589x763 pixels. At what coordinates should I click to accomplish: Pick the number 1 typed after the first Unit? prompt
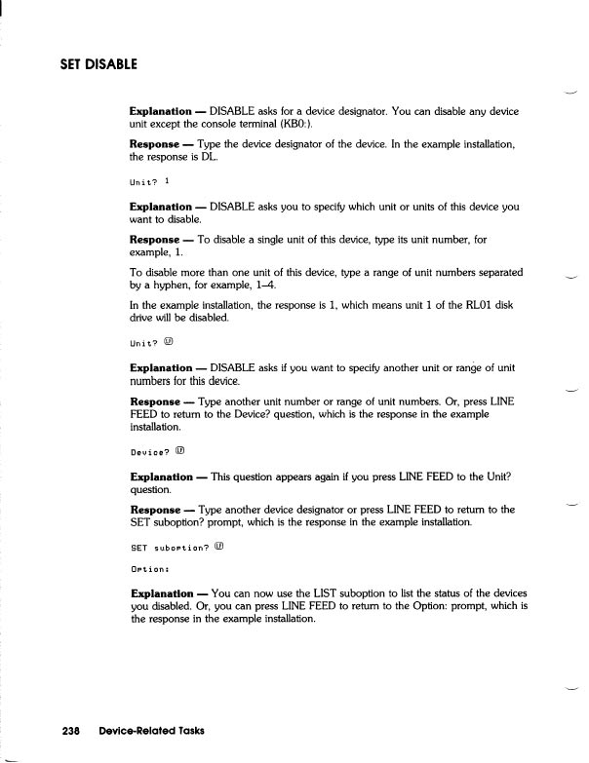click(167, 181)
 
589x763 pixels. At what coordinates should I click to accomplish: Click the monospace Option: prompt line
click(150, 568)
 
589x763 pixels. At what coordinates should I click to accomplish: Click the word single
click(273, 239)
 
